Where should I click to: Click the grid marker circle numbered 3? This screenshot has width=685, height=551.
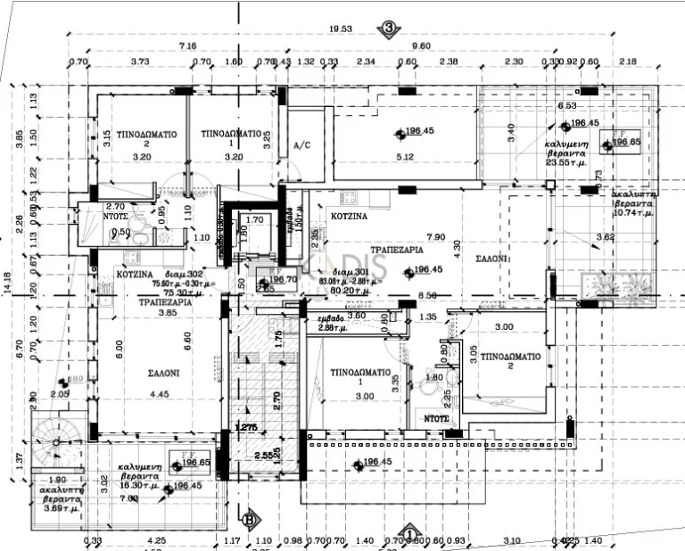pos(389,29)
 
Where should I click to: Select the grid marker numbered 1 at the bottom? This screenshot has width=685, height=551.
pos(409,534)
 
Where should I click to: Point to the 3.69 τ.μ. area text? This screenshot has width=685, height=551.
pos(59,508)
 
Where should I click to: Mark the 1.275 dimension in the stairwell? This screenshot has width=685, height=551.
pos(245,428)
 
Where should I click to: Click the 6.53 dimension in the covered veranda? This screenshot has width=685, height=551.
pos(567,105)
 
